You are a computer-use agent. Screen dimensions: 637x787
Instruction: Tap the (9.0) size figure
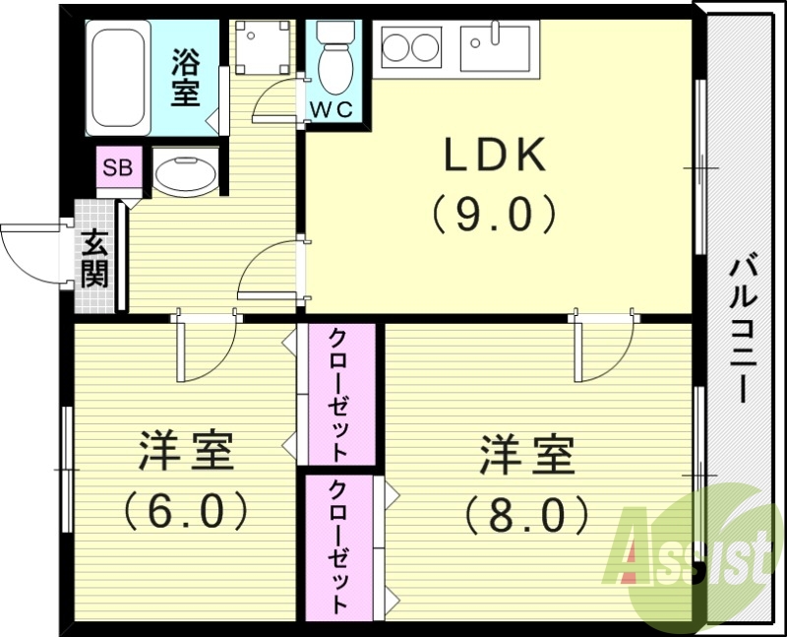click(x=495, y=214)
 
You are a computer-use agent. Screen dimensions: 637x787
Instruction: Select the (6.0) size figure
click(x=185, y=509)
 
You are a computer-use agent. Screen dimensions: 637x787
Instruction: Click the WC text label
click(x=332, y=109)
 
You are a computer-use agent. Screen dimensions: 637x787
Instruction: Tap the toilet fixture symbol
click(x=333, y=59)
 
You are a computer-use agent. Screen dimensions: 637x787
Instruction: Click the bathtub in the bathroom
click(x=118, y=77)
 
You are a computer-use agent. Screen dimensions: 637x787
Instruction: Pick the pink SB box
click(x=119, y=167)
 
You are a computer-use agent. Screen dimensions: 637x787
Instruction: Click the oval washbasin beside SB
click(x=185, y=174)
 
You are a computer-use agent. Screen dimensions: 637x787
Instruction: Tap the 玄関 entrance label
click(x=94, y=258)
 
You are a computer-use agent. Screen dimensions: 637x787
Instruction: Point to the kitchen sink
click(x=498, y=46)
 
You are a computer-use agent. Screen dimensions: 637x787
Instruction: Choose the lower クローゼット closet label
click(x=337, y=546)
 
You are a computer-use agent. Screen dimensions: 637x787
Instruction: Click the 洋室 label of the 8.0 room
click(x=527, y=455)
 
